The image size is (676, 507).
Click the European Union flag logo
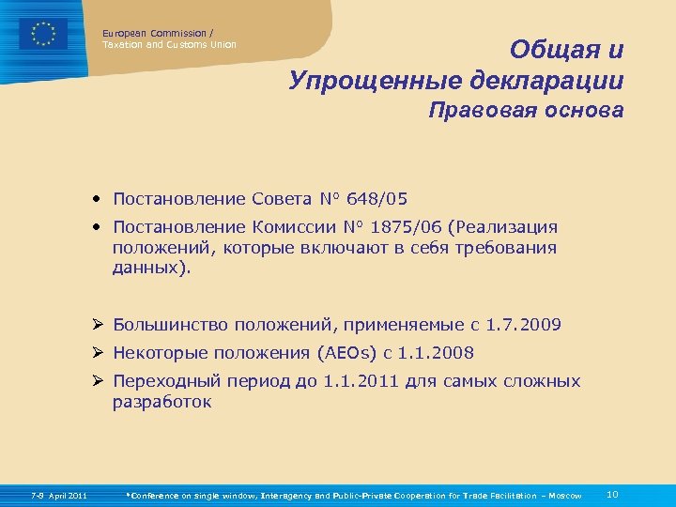pos(43,34)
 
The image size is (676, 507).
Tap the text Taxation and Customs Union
pos(169,44)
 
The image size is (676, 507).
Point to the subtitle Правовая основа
pos(525,111)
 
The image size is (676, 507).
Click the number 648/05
pos(376,199)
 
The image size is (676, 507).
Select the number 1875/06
pos(403,227)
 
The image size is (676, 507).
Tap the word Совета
pos(283,199)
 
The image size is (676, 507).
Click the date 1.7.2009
pos(523,325)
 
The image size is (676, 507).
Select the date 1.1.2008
pos(436,353)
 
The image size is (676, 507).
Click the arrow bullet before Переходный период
pos(99,381)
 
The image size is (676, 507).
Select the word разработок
pos(162,402)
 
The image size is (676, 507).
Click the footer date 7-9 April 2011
pos(58,495)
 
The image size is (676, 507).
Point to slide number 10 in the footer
pos(613,494)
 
